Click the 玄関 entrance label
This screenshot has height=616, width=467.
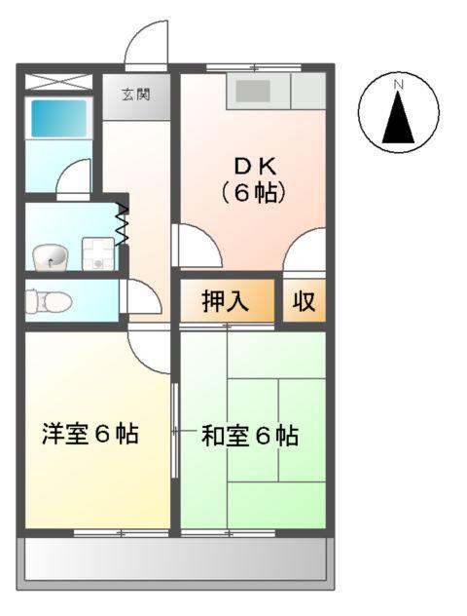point(135,96)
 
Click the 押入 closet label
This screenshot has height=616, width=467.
point(226,301)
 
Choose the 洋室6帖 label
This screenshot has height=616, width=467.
point(90,435)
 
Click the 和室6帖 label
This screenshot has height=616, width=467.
point(249,436)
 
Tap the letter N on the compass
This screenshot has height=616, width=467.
point(397,85)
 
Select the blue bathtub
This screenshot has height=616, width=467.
point(58,119)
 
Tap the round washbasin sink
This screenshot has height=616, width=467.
point(50,256)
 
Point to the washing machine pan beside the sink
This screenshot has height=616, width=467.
point(98,255)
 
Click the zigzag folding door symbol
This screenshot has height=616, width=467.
point(123,224)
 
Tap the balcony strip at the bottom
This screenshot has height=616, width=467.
point(175,561)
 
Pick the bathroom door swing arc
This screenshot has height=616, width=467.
point(71,180)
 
